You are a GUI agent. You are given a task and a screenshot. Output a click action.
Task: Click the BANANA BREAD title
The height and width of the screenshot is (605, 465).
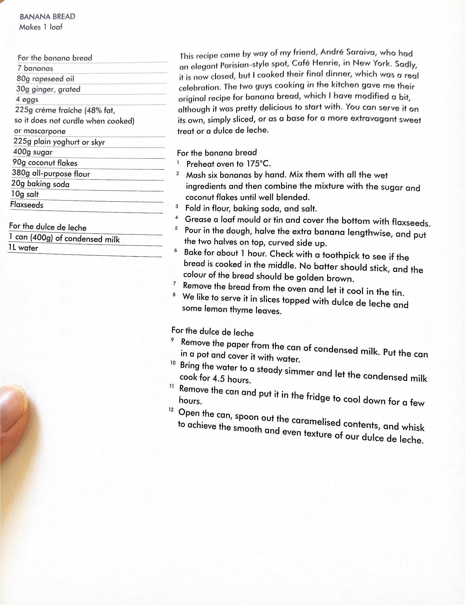point(48,17)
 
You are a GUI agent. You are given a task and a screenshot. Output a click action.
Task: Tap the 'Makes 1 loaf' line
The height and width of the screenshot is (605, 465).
point(41,27)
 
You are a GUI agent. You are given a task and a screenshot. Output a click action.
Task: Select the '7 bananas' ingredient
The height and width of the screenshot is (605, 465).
point(35,69)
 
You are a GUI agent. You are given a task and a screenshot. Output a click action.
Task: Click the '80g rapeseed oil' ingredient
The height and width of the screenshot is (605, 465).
point(46,79)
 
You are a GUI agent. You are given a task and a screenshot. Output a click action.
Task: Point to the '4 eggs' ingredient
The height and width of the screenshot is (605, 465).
point(27,100)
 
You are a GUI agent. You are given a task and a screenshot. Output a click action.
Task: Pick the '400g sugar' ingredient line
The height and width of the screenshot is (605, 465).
point(33,152)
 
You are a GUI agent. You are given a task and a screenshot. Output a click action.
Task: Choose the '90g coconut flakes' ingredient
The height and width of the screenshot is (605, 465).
point(45,163)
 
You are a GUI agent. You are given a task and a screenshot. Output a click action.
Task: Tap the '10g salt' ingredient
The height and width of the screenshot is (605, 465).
point(25,194)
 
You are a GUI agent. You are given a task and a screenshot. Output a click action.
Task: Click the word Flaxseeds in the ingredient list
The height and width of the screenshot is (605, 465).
point(27,205)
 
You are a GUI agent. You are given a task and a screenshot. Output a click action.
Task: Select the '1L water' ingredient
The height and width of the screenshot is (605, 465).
point(23,247)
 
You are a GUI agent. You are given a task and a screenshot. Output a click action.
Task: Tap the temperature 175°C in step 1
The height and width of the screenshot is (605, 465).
point(258,164)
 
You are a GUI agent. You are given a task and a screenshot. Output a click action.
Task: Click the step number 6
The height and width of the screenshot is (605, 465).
point(176,250)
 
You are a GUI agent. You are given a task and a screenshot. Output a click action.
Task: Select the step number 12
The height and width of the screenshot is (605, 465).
point(171,409)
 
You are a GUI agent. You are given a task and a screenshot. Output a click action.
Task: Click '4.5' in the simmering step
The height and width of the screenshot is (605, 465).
point(219,378)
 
